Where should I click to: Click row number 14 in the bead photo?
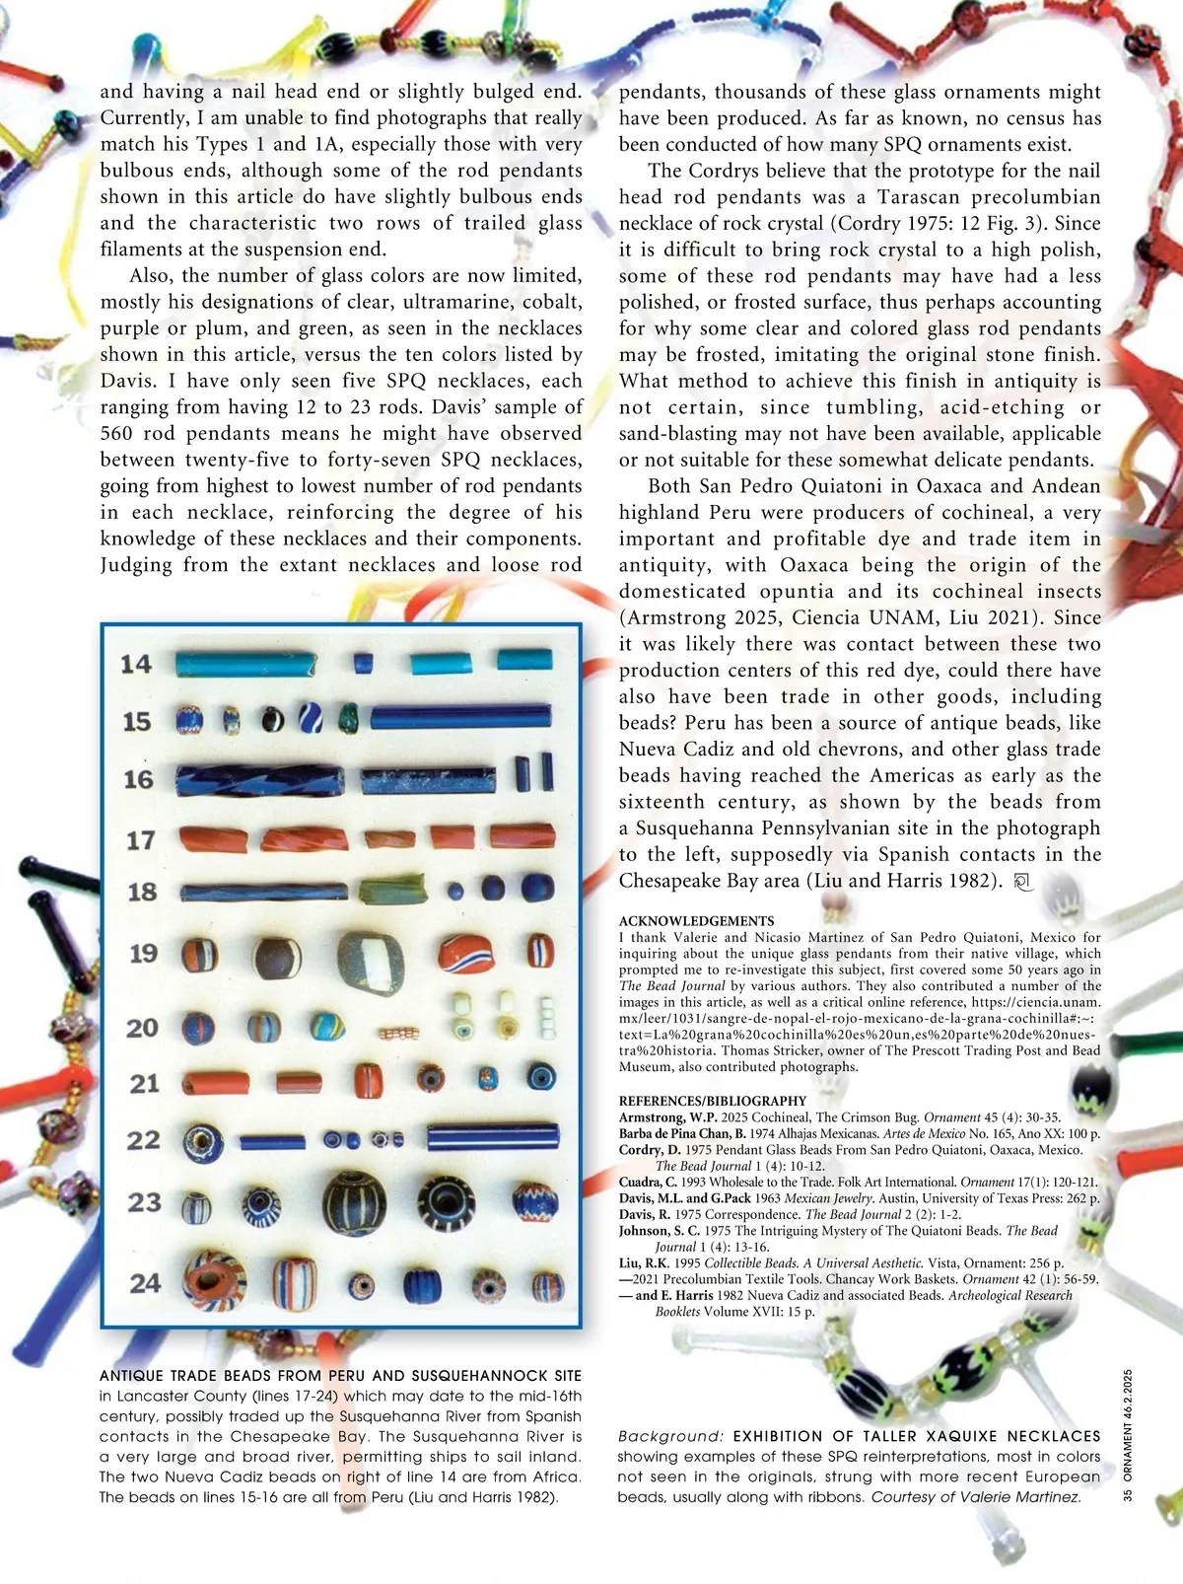click(x=136, y=664)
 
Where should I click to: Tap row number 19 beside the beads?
click(x=144, y=954)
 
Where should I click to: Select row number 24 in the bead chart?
click(x=145, y=1282)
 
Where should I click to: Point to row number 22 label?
click(x=144, y=1140)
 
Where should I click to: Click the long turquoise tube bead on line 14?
click(x=245, y=663)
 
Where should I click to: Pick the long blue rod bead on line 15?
click(x=460, y=716)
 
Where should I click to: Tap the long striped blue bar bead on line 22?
click(x=493, y=1137)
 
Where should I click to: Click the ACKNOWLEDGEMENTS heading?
click(x=696, y=921)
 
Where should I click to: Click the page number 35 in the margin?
click(x=1128, y=1495)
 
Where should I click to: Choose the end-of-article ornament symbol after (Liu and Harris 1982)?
click(x=1022, y=882)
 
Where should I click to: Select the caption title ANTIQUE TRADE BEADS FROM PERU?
click(x=340, y=1376)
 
